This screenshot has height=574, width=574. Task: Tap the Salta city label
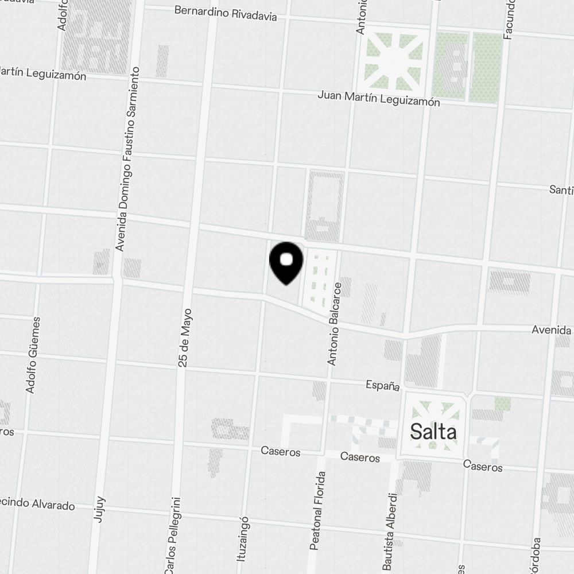[x=433, y=432]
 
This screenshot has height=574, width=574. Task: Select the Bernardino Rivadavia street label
[x=226, y=13]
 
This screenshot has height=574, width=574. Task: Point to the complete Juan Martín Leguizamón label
[x=379, y=98]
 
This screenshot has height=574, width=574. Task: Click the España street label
[x=383, y=386]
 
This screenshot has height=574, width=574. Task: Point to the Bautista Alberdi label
[x=392, y=528]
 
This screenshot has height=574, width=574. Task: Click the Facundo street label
[x=509, y=20]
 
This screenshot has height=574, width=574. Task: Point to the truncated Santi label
[x=561, y=189]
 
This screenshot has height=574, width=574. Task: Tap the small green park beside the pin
[x=319, y=280]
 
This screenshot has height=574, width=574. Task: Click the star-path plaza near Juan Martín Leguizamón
[x=393, y=59]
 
